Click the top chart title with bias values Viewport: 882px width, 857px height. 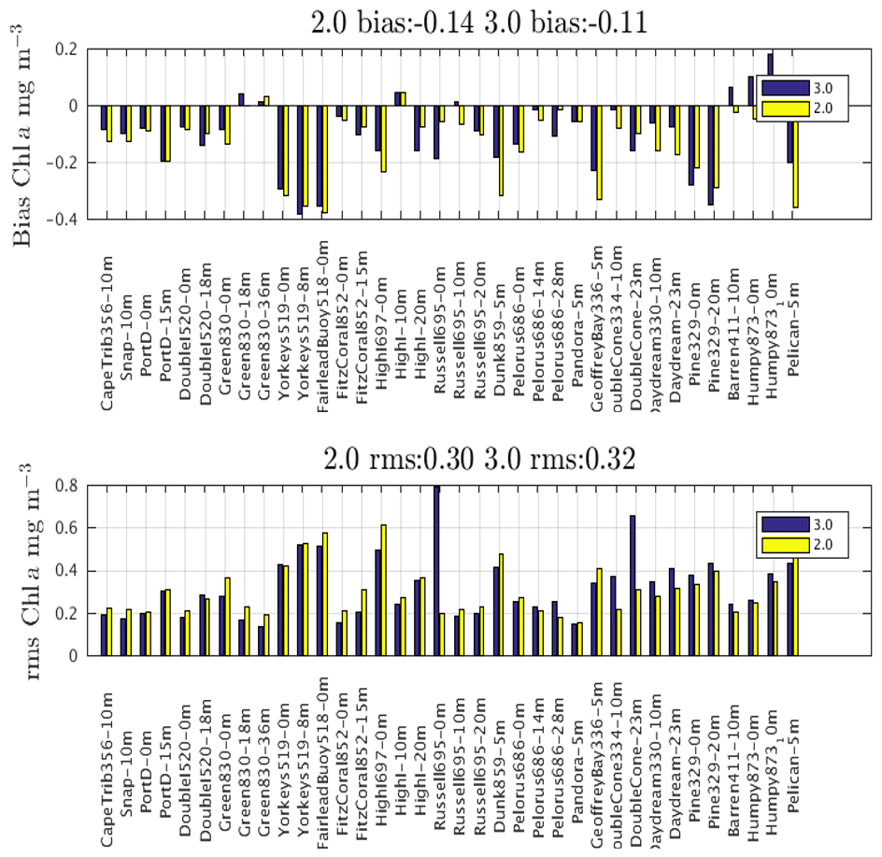coord(478,21)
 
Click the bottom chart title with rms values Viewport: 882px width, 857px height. coord(480,459)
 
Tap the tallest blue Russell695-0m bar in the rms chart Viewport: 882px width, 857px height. coord(436,570)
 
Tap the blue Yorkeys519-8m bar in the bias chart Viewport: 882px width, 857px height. coord(300,160)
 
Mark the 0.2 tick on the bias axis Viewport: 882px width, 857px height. coord(71,49)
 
